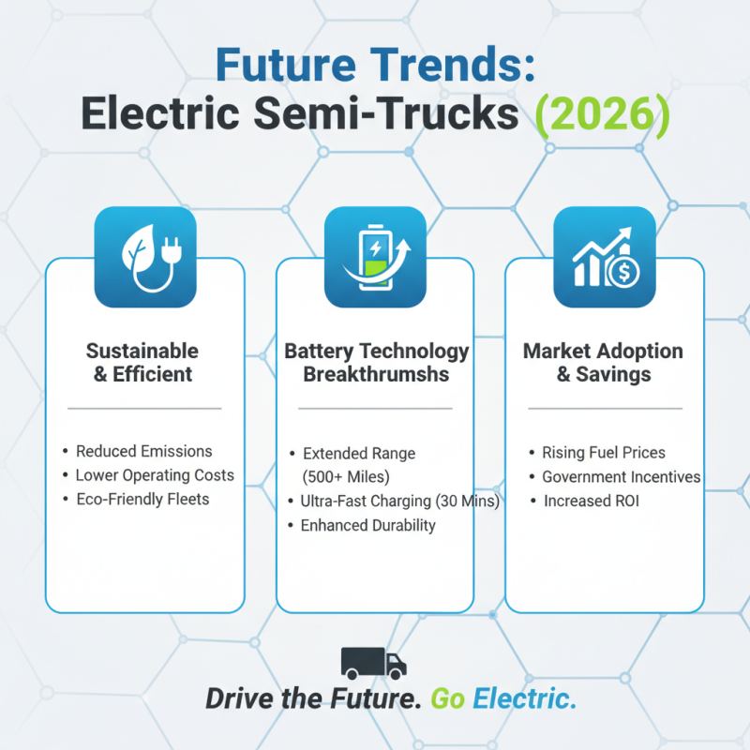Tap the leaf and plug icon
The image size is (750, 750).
tap(145, 257)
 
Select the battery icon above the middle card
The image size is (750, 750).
tap(375, 257)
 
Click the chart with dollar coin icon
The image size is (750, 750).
tap(604, 257)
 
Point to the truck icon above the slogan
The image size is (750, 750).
tap(374, 663)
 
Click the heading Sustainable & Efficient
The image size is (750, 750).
tap(142, 362)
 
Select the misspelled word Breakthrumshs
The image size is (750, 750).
tap(376, 374)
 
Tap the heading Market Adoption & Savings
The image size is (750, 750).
tap(603, 362)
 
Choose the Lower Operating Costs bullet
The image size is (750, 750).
tap(155, 474)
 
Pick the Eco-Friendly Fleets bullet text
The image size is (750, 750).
tap(142, 499)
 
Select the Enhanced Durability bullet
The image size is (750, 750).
tap(367, 525)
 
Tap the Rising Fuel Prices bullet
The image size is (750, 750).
tap(604, 453)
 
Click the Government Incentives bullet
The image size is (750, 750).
tap(621, 477)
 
